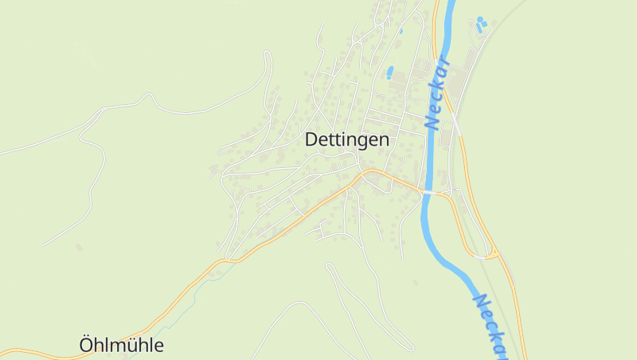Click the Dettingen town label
click(347, 139)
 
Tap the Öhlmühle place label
click(122, 345)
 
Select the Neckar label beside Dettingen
click(437, 94)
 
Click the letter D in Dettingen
click(311, 139)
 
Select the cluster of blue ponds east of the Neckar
click(480, 25)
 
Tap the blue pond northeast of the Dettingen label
click(389, 72)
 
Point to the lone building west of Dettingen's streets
click(79, 247)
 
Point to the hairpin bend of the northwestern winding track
click(268, 55)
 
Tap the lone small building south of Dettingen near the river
click(415, 282)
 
